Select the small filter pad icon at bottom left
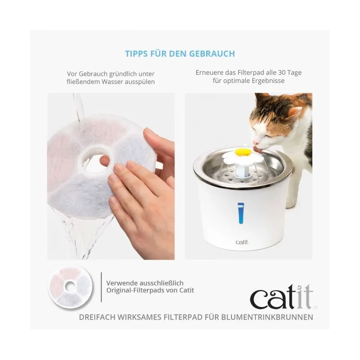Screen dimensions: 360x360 [71, 287]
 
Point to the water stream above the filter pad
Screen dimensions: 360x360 [79, 108]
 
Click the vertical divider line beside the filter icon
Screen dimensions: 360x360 [101, 287]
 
